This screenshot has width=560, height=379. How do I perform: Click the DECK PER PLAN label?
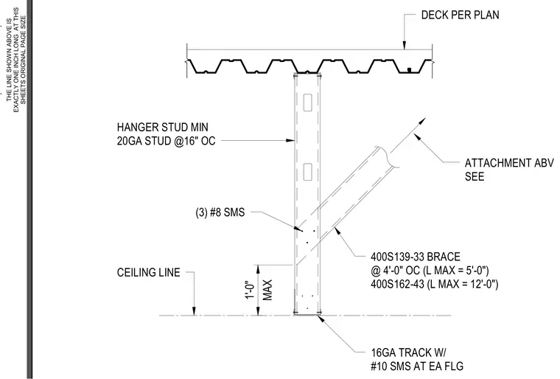point(460,15)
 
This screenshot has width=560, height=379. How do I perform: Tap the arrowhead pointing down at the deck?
point(405,45)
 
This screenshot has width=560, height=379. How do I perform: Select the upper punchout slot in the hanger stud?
point(307,102)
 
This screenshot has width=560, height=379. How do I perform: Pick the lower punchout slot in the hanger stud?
point(307,172)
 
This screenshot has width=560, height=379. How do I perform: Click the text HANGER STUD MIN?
point(163,128)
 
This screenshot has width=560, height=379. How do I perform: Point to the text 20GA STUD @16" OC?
point(166,142)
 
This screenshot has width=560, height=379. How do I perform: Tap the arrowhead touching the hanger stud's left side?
point(290,141)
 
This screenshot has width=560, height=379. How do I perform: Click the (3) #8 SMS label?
point(220,212)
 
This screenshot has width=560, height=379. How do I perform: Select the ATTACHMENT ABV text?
point(509,163)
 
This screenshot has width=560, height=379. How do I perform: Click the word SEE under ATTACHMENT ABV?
point(475,177)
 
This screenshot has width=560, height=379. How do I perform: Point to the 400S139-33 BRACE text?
point(416,257)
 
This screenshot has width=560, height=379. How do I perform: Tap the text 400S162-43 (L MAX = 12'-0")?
point(434,285)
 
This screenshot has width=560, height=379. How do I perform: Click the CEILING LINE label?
point(149,272)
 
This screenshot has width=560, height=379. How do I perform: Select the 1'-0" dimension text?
point(251,290)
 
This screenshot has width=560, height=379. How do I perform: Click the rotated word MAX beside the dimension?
point(267,290)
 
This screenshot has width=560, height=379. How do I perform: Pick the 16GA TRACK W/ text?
point(408,353)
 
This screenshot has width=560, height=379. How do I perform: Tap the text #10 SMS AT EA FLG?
point(417,366)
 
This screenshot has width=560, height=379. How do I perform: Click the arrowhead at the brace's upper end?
point(423,120)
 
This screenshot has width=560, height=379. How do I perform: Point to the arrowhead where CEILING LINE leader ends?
point(195,311)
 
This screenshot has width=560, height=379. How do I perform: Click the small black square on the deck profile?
point(410,69)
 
